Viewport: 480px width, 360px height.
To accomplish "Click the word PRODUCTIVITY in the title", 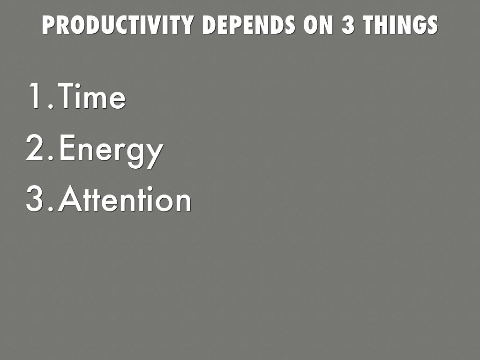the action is [118, 24].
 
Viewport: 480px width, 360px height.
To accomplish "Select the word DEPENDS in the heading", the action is [248, 24].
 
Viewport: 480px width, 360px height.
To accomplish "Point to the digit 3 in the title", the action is [348, 24].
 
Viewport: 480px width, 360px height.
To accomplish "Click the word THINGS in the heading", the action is [401, 24].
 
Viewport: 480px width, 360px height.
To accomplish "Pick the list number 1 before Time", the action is [34, 96].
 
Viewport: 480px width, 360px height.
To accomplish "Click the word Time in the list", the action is [92, 96].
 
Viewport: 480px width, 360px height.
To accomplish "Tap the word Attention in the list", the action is [125, 198].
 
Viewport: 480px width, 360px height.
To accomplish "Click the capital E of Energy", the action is [67, 147].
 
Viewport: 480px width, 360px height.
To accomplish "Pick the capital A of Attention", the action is [70, 198].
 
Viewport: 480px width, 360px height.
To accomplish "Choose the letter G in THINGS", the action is [420, 24].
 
